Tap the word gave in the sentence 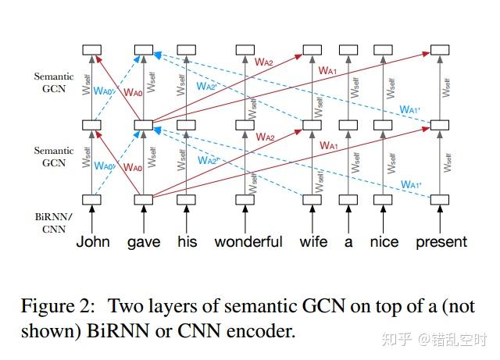[x=143, y=241]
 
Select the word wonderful [x=248, y=241]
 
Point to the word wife [x=313, y=241]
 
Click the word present [x=441, y=242]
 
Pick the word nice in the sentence [x=384, y=241]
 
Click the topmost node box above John [x=93, y=51]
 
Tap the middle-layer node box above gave [x=143, y=125]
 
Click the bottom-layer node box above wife [x=312, y=199]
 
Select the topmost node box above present [x=441, y=51]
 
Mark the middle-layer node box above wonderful [x=248, y=125]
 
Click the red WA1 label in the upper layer [x=328, y=70]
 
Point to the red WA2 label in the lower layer [x=265, y=138]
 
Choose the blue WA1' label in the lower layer [x=411, y=184]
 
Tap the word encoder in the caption [x=266, y=330]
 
